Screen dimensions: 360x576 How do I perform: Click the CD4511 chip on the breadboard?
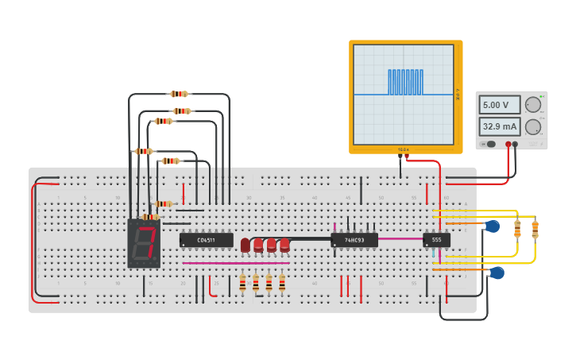pyautogui.click(x=206, y=239)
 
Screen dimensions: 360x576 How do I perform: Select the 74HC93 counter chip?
pyautogui.click(x=354, y=239)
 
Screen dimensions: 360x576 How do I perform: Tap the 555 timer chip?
pyautogui.click(x=436, y=239)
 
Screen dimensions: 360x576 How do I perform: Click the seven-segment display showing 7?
pyautogui.click(x=144, y=242)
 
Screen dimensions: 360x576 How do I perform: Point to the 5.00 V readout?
pyautogui.click(x=499, y=105)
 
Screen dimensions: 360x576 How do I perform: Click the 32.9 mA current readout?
pyautogui.click(x=499, y=126)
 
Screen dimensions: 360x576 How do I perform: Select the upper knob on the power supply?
pyautogui.click(x=533, y=105)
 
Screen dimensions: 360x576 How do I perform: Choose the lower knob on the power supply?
pyautogui.click(x=533, y=126)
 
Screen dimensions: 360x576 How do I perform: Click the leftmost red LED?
pyautogui.click(x=245, y=245)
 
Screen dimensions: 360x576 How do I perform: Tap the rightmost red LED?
pyautogui.click(x=284, y=245)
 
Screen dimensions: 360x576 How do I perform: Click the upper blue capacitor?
pyautogui.click(x=493, y=226)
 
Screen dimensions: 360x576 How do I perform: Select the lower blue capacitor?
pyautogui.click(x=497, y=273)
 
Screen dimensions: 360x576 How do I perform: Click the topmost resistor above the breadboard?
pyautogui.click(x=179, y=94)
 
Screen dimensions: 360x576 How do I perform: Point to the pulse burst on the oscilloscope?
pyautogui.click(x=405, y=82)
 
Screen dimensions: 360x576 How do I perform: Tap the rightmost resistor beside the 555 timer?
pyautogui.click(x=535, y=229)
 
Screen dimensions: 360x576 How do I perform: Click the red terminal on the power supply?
pyautogui.click(x=508, y=145)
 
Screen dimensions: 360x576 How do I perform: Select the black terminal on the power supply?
pyautogui.click(x=516, y=145)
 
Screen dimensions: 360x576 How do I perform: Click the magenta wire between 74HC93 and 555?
pyautogui.click(x=400, y=238)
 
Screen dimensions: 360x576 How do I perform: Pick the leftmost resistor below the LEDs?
pyautogui.click(x=242, y=282)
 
